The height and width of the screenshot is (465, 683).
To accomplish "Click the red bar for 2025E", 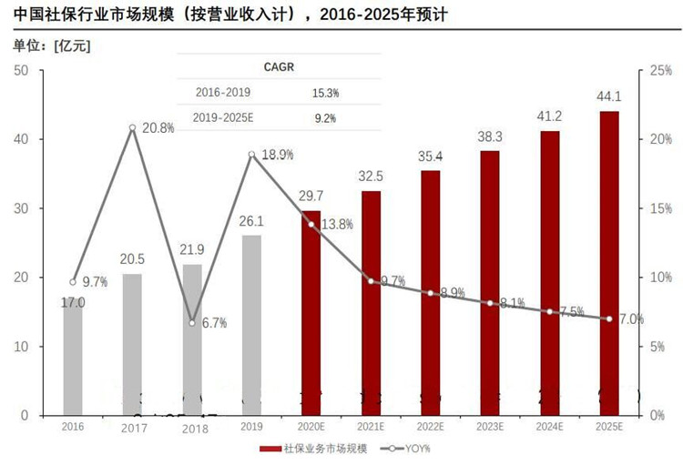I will tap(609, 263).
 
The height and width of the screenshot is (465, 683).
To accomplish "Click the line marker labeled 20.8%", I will tap(132, 128).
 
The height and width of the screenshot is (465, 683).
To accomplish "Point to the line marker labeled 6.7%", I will tap(192, 323).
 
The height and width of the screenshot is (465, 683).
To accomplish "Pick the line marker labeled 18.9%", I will tap(251, 155).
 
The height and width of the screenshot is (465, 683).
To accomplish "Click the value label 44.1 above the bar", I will tap(609, 96).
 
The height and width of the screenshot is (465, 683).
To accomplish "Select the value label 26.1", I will tap(251, 221).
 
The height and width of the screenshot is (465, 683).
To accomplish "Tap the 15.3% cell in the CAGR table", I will tap(325, 93).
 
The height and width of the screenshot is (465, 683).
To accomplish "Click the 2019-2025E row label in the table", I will tap(223, 117).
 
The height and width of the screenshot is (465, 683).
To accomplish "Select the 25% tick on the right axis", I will tap(659, 70).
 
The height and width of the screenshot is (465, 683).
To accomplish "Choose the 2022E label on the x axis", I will tap(430, 426).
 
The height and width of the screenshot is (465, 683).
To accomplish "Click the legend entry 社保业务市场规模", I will tap(315, 449).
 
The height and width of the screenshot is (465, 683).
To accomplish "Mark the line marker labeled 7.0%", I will tap(609, 318).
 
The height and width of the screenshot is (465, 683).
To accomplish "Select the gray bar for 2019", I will tap(251, 325).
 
